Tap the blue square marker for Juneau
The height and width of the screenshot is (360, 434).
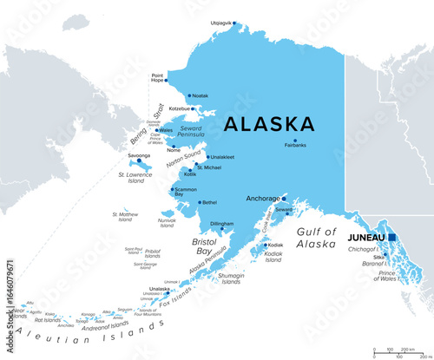point(392,237)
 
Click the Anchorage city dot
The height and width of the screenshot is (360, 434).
point(283,198)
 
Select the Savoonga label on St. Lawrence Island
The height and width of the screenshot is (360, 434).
point(139,155)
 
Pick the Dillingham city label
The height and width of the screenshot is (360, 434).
point(222,223)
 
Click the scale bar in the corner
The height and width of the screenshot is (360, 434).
point(399,352)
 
